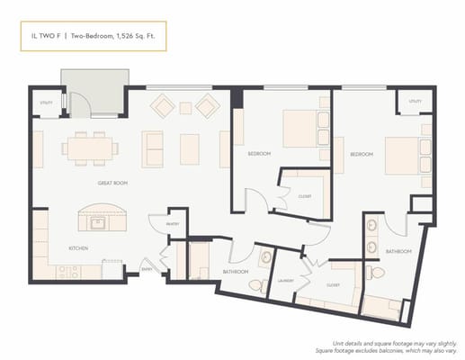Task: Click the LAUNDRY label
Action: (x=287, y=280)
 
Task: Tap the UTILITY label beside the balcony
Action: (x=46, y=103)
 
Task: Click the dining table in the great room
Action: (x=91, y=146)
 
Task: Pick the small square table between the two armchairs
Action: (x=185, y=108)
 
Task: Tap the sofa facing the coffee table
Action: (x=154, y=148)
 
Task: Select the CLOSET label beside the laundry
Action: (x=333, y=285)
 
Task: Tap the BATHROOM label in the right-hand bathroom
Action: (x=398, y=250)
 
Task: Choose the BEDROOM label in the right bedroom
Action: (x=362, y=154)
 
